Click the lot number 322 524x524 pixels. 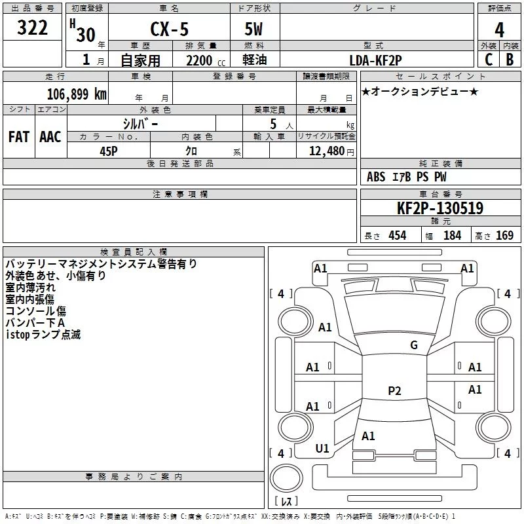[x=32, y=28]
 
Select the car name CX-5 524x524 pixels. [x=169, y=29]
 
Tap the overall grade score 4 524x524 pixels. [x=499, y=30]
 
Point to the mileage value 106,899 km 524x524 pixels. [x=77, y=94]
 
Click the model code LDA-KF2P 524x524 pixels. [x=375, y=60]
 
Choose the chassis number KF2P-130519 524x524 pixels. [x=440, y=208]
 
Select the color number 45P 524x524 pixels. [x=109, y=151]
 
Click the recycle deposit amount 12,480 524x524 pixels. [x=327, y=151]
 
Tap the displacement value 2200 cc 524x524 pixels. [x=206, y=61]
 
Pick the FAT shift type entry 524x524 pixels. [x=19, y=137]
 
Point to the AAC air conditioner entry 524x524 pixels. [x=50, y=137]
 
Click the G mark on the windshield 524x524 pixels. [x=414, y=345]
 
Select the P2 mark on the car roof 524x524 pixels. [x=394, y=390]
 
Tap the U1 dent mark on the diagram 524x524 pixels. [x=322, y=449]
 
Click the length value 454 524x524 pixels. [x=398, y=236]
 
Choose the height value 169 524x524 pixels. [x=504, y=236]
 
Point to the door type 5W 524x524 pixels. [x=253, y=29]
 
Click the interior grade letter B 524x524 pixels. [x=510, y=60]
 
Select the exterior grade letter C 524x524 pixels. [x=489, y=60]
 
